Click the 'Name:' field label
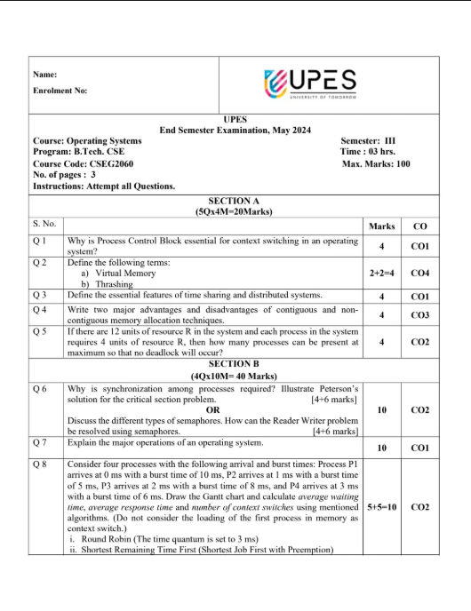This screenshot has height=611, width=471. pyautogui.click(x=44, y=74)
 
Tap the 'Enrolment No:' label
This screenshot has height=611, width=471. pyautogui.click(x=60, y=91)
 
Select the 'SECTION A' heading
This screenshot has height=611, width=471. pyautogui.click(x=235, y=201)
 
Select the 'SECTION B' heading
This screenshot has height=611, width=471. pyautogui.click(x=235, y=363)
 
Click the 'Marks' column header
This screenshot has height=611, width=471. pyautogui.click(x=381, y=226)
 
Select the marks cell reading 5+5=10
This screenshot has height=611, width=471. pyautogui.click(x=381, y=507)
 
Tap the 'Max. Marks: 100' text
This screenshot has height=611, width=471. pyautogui.click(x=376, y=163)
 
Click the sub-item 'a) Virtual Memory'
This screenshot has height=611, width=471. pyautogui.click(x=116, y=274)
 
